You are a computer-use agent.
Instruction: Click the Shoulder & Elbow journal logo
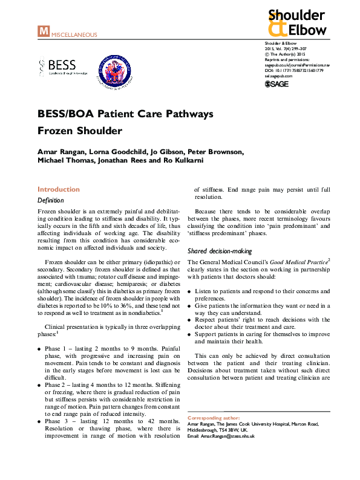tap(296, 23)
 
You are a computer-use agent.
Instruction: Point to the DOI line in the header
tap(294, 70)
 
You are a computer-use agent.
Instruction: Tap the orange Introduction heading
tap(59, 189)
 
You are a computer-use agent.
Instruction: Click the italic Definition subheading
tap(51, 200)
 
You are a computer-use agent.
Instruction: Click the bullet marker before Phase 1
tap(40, 349)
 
